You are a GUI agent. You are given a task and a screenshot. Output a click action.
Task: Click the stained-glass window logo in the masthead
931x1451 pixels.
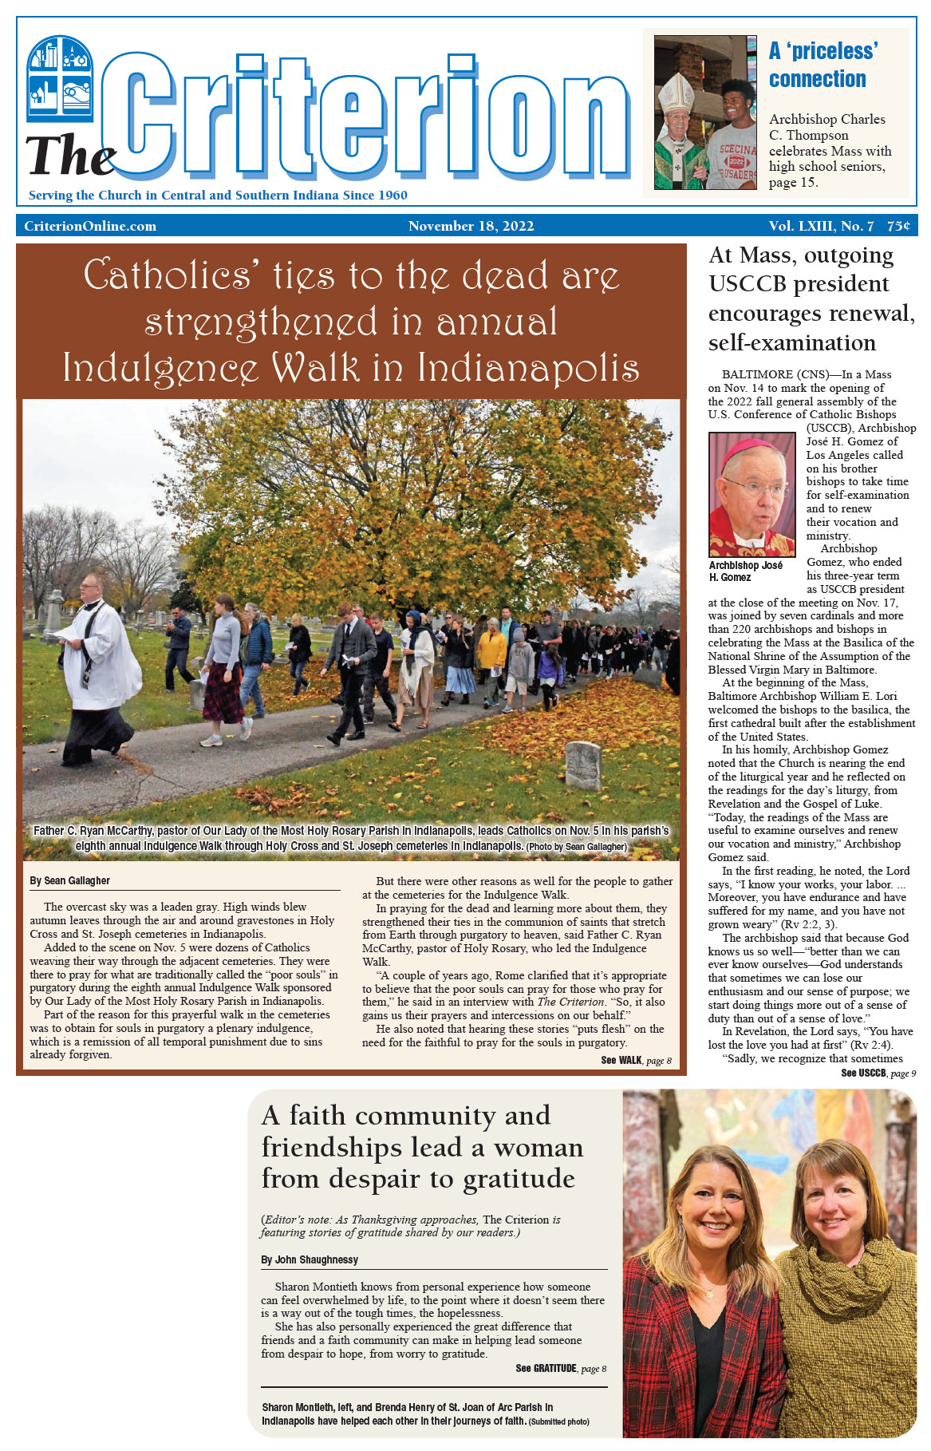(x=60, y=78)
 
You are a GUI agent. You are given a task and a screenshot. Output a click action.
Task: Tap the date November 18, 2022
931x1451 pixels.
(x=471, y=226)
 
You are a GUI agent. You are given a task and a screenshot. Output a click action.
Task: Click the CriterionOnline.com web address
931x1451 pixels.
(x=90, y=226)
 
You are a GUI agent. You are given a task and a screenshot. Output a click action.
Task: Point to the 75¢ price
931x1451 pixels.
(x=898, y=226)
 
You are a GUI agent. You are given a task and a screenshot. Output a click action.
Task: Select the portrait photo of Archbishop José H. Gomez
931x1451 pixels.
(x=752, y=495)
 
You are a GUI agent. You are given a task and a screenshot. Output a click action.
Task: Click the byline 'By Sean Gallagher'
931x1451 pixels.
(x=70, y=880)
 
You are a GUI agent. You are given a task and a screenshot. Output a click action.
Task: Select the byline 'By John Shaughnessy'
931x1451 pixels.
(x=310, y=1259)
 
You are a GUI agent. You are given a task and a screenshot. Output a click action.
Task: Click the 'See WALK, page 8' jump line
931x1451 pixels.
(x=636, y=1061)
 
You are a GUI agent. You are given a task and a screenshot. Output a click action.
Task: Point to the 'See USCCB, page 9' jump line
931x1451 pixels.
(x=878, y=1073)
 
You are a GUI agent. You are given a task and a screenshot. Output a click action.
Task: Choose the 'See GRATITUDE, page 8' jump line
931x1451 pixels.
(x=561, y=1368)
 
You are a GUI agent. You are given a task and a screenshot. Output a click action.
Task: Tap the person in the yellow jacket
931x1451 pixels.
(x=491, y=650)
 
